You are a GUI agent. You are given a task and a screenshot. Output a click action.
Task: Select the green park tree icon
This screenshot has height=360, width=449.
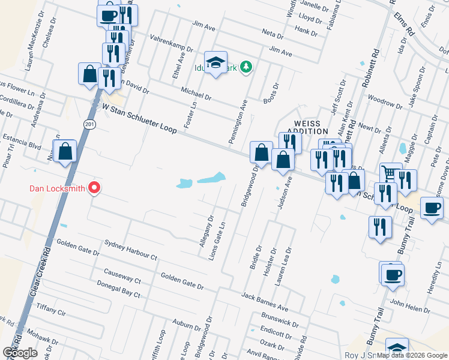tap(246, 67)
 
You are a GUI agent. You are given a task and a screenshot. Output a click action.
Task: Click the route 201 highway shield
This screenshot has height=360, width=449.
tap(89, 124)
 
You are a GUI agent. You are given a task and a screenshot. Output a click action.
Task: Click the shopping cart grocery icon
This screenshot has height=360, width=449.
tap(391, 173)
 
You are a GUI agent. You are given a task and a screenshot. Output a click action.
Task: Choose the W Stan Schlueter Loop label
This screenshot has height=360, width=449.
tap(139, 118)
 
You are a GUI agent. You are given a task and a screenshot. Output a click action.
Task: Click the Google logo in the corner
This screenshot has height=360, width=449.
tap(20, 353)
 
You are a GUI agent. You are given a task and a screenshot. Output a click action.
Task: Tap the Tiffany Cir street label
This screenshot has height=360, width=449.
tap(54, 309)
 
